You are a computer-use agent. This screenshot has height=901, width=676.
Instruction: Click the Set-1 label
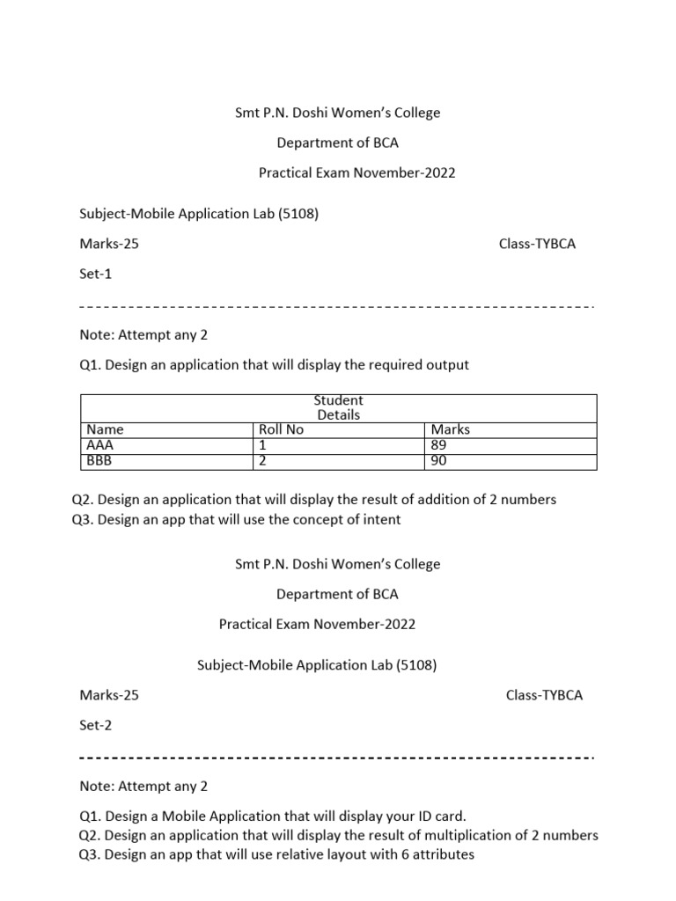[96, 274]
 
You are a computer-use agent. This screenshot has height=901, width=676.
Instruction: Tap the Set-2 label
[96, 725]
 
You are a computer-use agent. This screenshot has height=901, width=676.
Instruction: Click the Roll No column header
[281, 429]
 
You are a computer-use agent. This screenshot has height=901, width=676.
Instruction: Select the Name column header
[105, 429]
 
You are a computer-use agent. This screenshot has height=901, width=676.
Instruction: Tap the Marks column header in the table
[451, 429]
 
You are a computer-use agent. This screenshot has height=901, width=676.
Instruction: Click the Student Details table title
[339, 407]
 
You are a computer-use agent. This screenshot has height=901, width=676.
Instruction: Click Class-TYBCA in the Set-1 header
[537, 244]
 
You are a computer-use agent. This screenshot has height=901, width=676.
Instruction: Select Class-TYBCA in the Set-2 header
[544, 695]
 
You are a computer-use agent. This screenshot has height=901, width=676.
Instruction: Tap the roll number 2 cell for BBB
[262, 460]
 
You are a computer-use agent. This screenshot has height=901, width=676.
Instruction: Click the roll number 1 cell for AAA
[262, 445]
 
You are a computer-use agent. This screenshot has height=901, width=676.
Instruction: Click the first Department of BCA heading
[337, 143]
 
